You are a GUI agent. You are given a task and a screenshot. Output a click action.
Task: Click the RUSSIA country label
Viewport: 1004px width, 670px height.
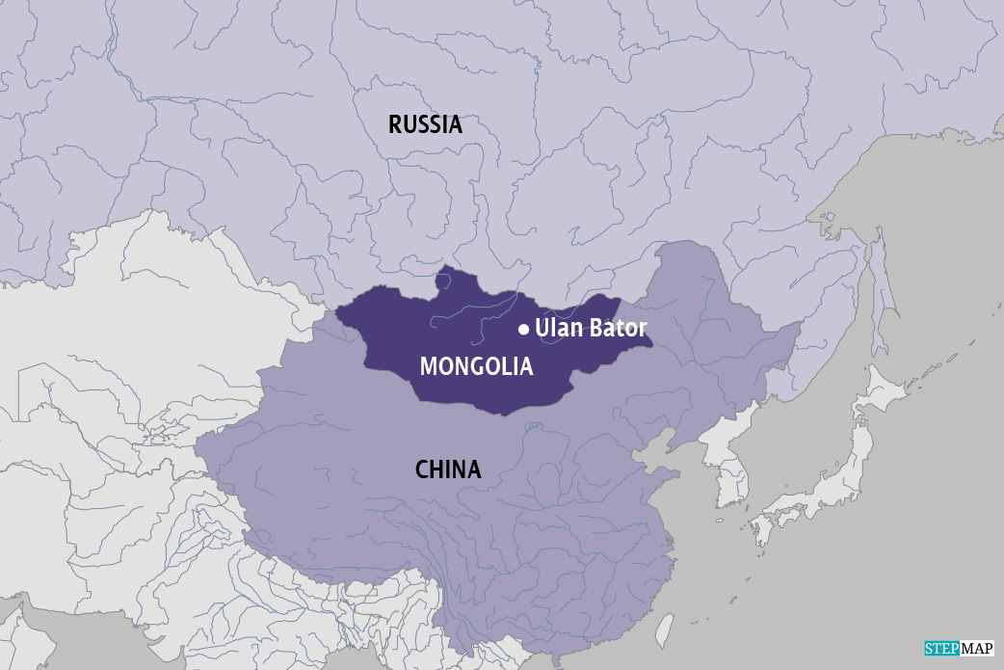425,124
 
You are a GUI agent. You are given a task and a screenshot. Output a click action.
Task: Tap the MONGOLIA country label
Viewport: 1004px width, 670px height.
476,366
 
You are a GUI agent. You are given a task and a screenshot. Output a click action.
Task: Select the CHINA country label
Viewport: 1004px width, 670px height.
448,469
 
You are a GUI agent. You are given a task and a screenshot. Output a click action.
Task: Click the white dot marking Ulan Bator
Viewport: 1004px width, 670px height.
523,330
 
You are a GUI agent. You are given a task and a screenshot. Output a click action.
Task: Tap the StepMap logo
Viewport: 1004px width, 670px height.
959,649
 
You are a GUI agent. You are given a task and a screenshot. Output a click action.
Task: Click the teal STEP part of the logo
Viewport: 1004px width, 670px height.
941,649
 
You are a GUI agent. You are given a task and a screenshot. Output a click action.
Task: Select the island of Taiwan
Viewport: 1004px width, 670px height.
665,630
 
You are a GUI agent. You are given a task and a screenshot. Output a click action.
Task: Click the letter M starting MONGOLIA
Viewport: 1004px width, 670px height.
428,366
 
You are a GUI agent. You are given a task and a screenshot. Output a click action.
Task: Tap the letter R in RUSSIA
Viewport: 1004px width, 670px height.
395,124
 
